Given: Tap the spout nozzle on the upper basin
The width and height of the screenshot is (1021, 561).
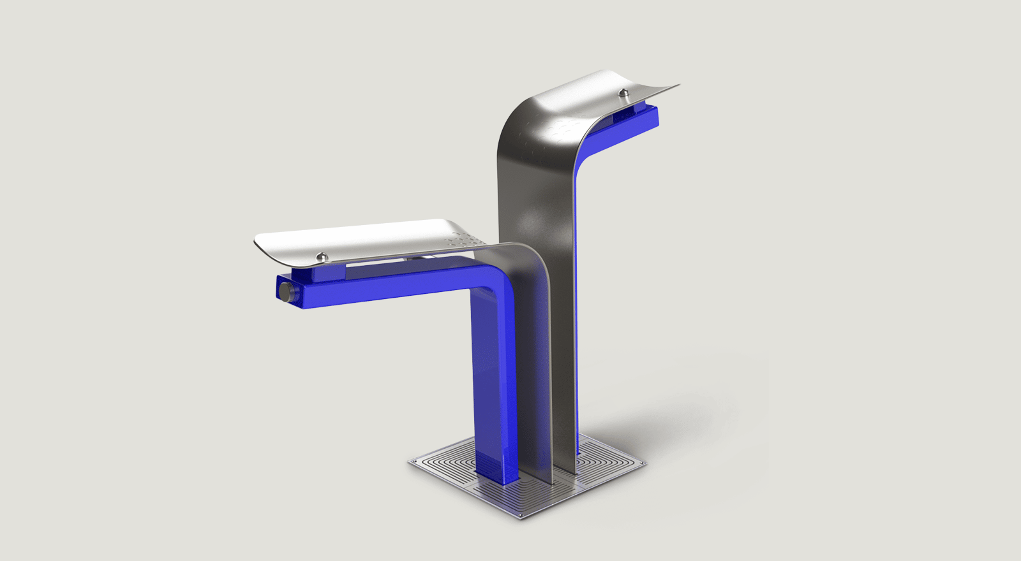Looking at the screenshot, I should [623, 94].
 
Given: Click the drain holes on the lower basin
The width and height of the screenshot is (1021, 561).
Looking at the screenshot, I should [461, 240].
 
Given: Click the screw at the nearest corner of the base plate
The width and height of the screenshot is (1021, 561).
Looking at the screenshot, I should [521, 514].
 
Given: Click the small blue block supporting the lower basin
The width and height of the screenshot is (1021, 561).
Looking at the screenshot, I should [329, 273].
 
